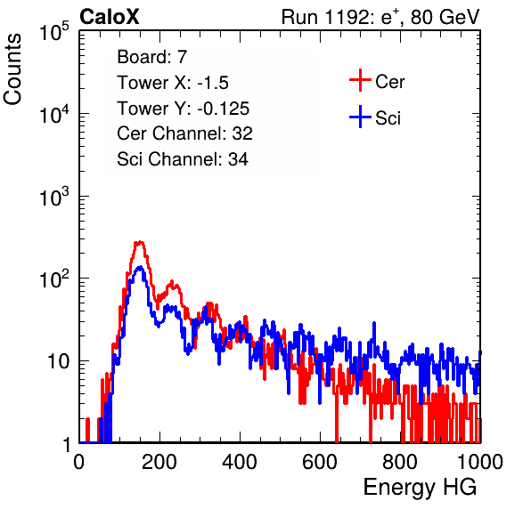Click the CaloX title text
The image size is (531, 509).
pos(109,17)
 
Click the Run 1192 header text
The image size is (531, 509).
pos(380,17)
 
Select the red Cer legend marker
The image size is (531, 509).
pos(360,80)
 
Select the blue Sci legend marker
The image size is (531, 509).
pos(360,117)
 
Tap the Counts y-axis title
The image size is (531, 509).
pos(12,69)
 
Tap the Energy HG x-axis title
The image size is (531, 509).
pos(420,487)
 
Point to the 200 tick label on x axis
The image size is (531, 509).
pos(159,462)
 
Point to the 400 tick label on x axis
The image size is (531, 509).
pos(240,462)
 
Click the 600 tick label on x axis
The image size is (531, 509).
pos(320,462)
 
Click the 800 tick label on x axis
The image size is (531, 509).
pos(400,462)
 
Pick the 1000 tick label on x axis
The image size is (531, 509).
pos(480,462)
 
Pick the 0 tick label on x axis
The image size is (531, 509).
pos(79,462)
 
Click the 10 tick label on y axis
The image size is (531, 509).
pos(58,361)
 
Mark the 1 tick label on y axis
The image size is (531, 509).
pos(67,444)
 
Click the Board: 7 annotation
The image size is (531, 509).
pos(152,57)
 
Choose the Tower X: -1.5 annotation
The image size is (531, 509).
pos(173,83)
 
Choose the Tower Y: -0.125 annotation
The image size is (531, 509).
pos(184,109)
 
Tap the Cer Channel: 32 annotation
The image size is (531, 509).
pos(185,133)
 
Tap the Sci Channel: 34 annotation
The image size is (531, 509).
pos(183,159)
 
